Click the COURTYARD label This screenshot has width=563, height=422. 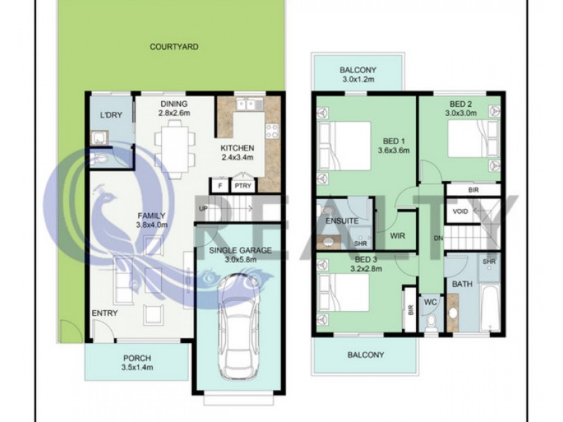[x=174, y=46]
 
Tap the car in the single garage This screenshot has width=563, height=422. [x=239, y=327]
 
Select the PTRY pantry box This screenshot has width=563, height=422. [x=243, y=186]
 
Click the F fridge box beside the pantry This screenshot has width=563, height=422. [x=220, y=186]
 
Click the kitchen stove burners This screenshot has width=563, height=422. [x=272, y=131]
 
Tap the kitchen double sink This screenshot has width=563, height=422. [x=250, y=105]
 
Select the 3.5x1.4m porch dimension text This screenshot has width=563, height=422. [x=137, y=367]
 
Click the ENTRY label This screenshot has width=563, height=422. [x=104, y=313]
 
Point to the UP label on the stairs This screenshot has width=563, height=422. [x=203, y=208]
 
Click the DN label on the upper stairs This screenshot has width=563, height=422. [x=438, y=238]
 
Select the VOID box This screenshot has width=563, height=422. [x=460, y=211]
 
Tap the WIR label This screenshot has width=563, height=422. [x=397, y=236]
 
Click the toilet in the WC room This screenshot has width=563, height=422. [x=431, y=322]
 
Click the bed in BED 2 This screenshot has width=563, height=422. [x=473, y=139]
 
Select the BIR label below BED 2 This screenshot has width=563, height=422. [x=473, y=190]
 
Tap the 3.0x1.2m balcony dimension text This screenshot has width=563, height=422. [x=358, y=79]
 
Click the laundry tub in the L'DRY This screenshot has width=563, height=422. [x=99, y=138]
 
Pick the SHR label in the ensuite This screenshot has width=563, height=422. [x=360, y=243]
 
